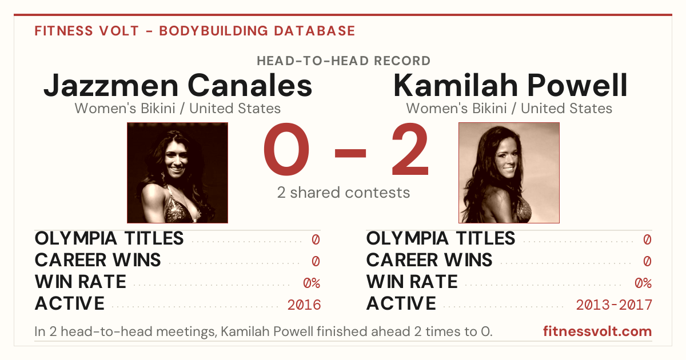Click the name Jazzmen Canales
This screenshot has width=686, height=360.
178,85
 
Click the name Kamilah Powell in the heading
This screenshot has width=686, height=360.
510,85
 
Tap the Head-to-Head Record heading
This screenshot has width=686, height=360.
344,61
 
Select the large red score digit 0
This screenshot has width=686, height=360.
286,149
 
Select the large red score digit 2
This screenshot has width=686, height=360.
410,149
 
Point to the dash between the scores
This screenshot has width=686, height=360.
350,153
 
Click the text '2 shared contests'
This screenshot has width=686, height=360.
344,193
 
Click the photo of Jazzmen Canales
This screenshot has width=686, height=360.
178,173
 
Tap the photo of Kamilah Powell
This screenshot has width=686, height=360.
509,173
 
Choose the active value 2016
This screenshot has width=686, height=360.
304,305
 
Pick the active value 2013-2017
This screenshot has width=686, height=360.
614,305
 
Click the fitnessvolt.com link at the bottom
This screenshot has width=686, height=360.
597,331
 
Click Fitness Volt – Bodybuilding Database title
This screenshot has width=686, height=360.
195,31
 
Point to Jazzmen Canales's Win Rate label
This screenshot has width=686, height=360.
81,282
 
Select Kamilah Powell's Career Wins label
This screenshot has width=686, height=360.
429,260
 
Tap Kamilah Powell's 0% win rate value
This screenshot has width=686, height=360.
643,283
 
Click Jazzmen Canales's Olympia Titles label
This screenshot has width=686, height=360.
109,238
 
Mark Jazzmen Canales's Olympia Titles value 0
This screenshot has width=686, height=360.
316,239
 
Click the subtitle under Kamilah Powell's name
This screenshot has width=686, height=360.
509,109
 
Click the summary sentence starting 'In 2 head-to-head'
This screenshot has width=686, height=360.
264,331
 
